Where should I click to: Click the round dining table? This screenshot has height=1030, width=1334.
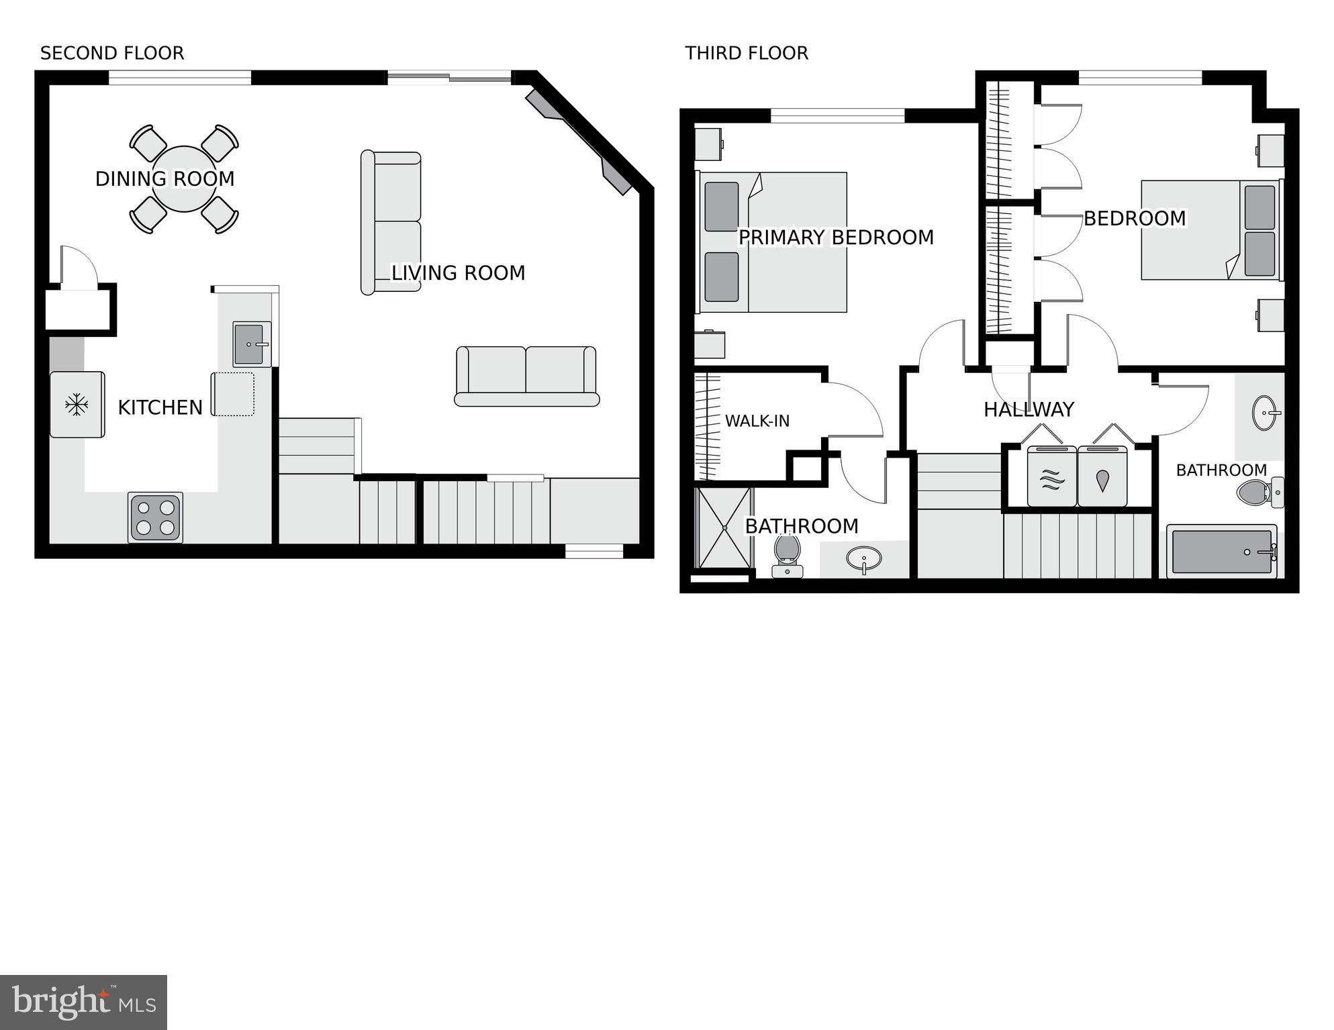(x=184, y=179)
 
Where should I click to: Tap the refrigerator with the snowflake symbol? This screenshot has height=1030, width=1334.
(x=77, y=405)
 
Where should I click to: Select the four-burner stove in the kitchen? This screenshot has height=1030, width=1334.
(x=155, y=518)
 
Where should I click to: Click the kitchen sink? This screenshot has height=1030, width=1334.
(x=250, y=344)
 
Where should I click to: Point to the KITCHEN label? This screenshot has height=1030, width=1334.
(x=160, y=407)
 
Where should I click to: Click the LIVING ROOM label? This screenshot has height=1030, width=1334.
(x=458, y=273)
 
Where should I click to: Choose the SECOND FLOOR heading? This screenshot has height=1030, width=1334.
(x=112, y=53)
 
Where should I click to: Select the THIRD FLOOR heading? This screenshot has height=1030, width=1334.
(x=747, y=53)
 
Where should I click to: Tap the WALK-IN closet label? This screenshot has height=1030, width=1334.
(x=757, y=421)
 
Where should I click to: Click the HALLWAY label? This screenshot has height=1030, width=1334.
(x=1029, y=409)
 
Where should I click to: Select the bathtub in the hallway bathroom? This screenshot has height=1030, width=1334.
(x=1221, y=552)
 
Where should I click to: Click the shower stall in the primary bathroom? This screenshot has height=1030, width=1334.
(x=725, y=528)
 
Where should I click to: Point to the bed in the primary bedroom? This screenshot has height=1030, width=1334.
(x=772, y=242)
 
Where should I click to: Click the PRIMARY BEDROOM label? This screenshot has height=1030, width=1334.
(x=836, y=238)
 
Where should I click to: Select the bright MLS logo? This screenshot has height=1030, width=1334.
(x=83, y=1002)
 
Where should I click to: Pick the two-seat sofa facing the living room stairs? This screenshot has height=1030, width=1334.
(x=526, y=376)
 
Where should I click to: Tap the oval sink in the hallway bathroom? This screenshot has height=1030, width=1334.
(x=1266, y=412)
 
